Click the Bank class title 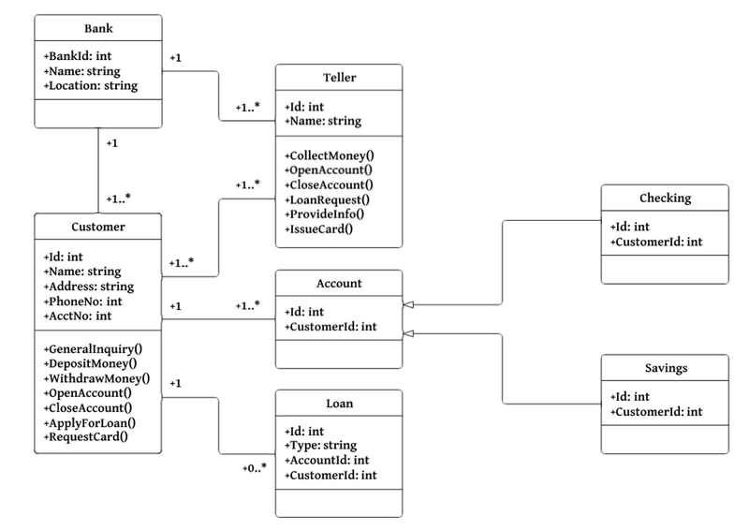click(x=98, y=29)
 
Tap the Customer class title click(x=98, y=227)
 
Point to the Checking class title click(x=664, y=198)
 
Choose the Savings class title click(x=664, y=368)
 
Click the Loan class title click(x=338, y=405)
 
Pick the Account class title click(x=338, y=284)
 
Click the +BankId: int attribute click(x=78, y=55)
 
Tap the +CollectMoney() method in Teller click(x=330, y=155)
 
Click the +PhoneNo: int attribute click(x=82, y=301)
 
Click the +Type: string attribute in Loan click(x=322, y=445)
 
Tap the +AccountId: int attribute click(x=327, y=460)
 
